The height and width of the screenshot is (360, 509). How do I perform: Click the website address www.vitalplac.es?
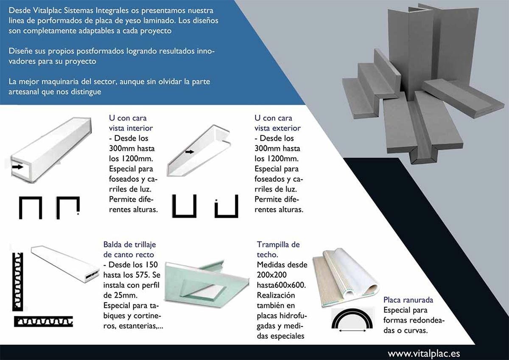(424, 354)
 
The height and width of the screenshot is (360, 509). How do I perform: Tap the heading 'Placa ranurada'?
(408, 300)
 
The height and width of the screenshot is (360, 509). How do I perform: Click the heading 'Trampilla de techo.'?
(278, 250)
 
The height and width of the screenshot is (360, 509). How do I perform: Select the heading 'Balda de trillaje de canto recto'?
(129, 250)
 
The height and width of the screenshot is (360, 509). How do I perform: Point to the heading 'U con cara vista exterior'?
(277, 123)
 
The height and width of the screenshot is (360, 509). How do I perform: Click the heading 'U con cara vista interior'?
(131, 123)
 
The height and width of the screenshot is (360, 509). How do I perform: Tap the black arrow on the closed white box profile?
(17, 167)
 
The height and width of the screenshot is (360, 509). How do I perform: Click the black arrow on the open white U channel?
(190, 152)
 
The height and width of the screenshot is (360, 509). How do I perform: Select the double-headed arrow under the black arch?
(352, 330)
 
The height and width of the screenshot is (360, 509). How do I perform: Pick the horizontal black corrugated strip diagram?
(43, 321)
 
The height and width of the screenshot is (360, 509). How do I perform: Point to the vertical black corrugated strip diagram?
(17, 281)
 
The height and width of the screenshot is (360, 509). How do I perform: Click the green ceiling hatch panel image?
(206, 284)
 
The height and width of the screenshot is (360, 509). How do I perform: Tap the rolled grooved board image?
(345, 278)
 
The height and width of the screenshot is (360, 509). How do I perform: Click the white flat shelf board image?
(65, 264)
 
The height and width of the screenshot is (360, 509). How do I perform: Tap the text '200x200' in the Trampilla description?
(271, 275)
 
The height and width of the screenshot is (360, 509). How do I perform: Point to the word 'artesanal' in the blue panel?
(24, 92)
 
